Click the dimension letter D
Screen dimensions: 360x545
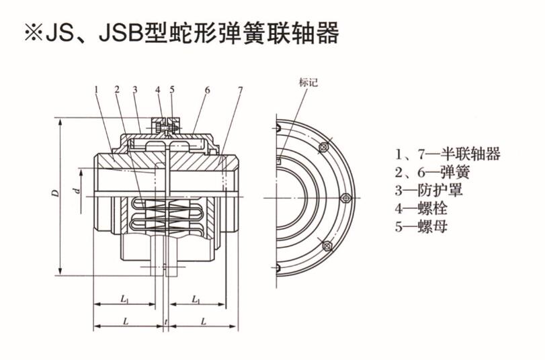pos(56,193)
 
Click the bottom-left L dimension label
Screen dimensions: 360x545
pos(126,322)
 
